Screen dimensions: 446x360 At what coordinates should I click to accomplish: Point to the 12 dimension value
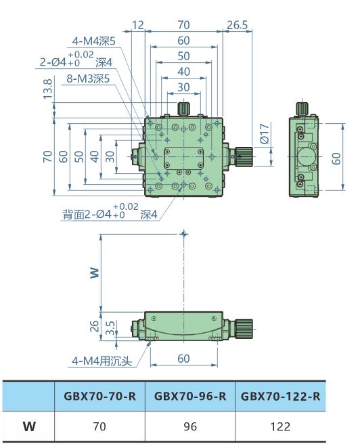pos(138,25)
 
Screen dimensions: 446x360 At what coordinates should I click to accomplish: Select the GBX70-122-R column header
pos(280,396)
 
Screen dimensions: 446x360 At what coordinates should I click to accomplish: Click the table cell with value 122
pos(280,426)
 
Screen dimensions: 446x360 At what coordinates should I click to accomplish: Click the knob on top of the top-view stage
pos(183,108)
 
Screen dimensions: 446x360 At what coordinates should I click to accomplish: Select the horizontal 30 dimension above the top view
pos(183,87)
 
